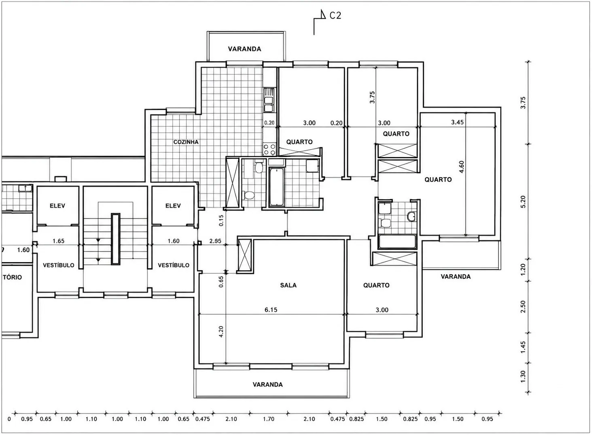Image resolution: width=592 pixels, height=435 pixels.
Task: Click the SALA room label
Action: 288,285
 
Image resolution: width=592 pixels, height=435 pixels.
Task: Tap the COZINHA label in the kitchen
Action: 186,142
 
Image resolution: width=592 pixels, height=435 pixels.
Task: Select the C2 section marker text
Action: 335,16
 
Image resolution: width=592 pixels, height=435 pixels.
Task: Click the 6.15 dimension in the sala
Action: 271,310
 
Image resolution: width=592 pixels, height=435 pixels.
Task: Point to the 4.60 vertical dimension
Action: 461,167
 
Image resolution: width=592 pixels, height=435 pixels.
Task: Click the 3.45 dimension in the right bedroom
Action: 457,122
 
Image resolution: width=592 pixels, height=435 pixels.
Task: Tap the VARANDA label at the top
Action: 244,49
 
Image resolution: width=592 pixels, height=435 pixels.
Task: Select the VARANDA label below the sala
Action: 267,384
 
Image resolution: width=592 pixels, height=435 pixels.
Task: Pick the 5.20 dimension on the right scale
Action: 523,202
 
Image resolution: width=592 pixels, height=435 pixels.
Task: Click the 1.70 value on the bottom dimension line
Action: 268,419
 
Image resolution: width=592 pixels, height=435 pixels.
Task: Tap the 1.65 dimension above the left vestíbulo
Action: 58,241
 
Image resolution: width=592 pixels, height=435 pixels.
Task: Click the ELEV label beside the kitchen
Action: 173,206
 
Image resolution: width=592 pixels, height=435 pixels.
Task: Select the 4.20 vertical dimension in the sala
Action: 221,332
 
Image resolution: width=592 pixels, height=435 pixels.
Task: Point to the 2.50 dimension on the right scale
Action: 523,307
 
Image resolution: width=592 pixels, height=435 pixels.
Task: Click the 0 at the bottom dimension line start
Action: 9,419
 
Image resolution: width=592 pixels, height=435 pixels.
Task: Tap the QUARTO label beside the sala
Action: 376,285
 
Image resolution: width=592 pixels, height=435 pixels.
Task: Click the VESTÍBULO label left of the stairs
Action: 58,265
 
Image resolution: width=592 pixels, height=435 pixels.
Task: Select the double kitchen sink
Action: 269,100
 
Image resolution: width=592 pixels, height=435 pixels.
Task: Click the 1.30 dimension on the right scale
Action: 523,377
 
